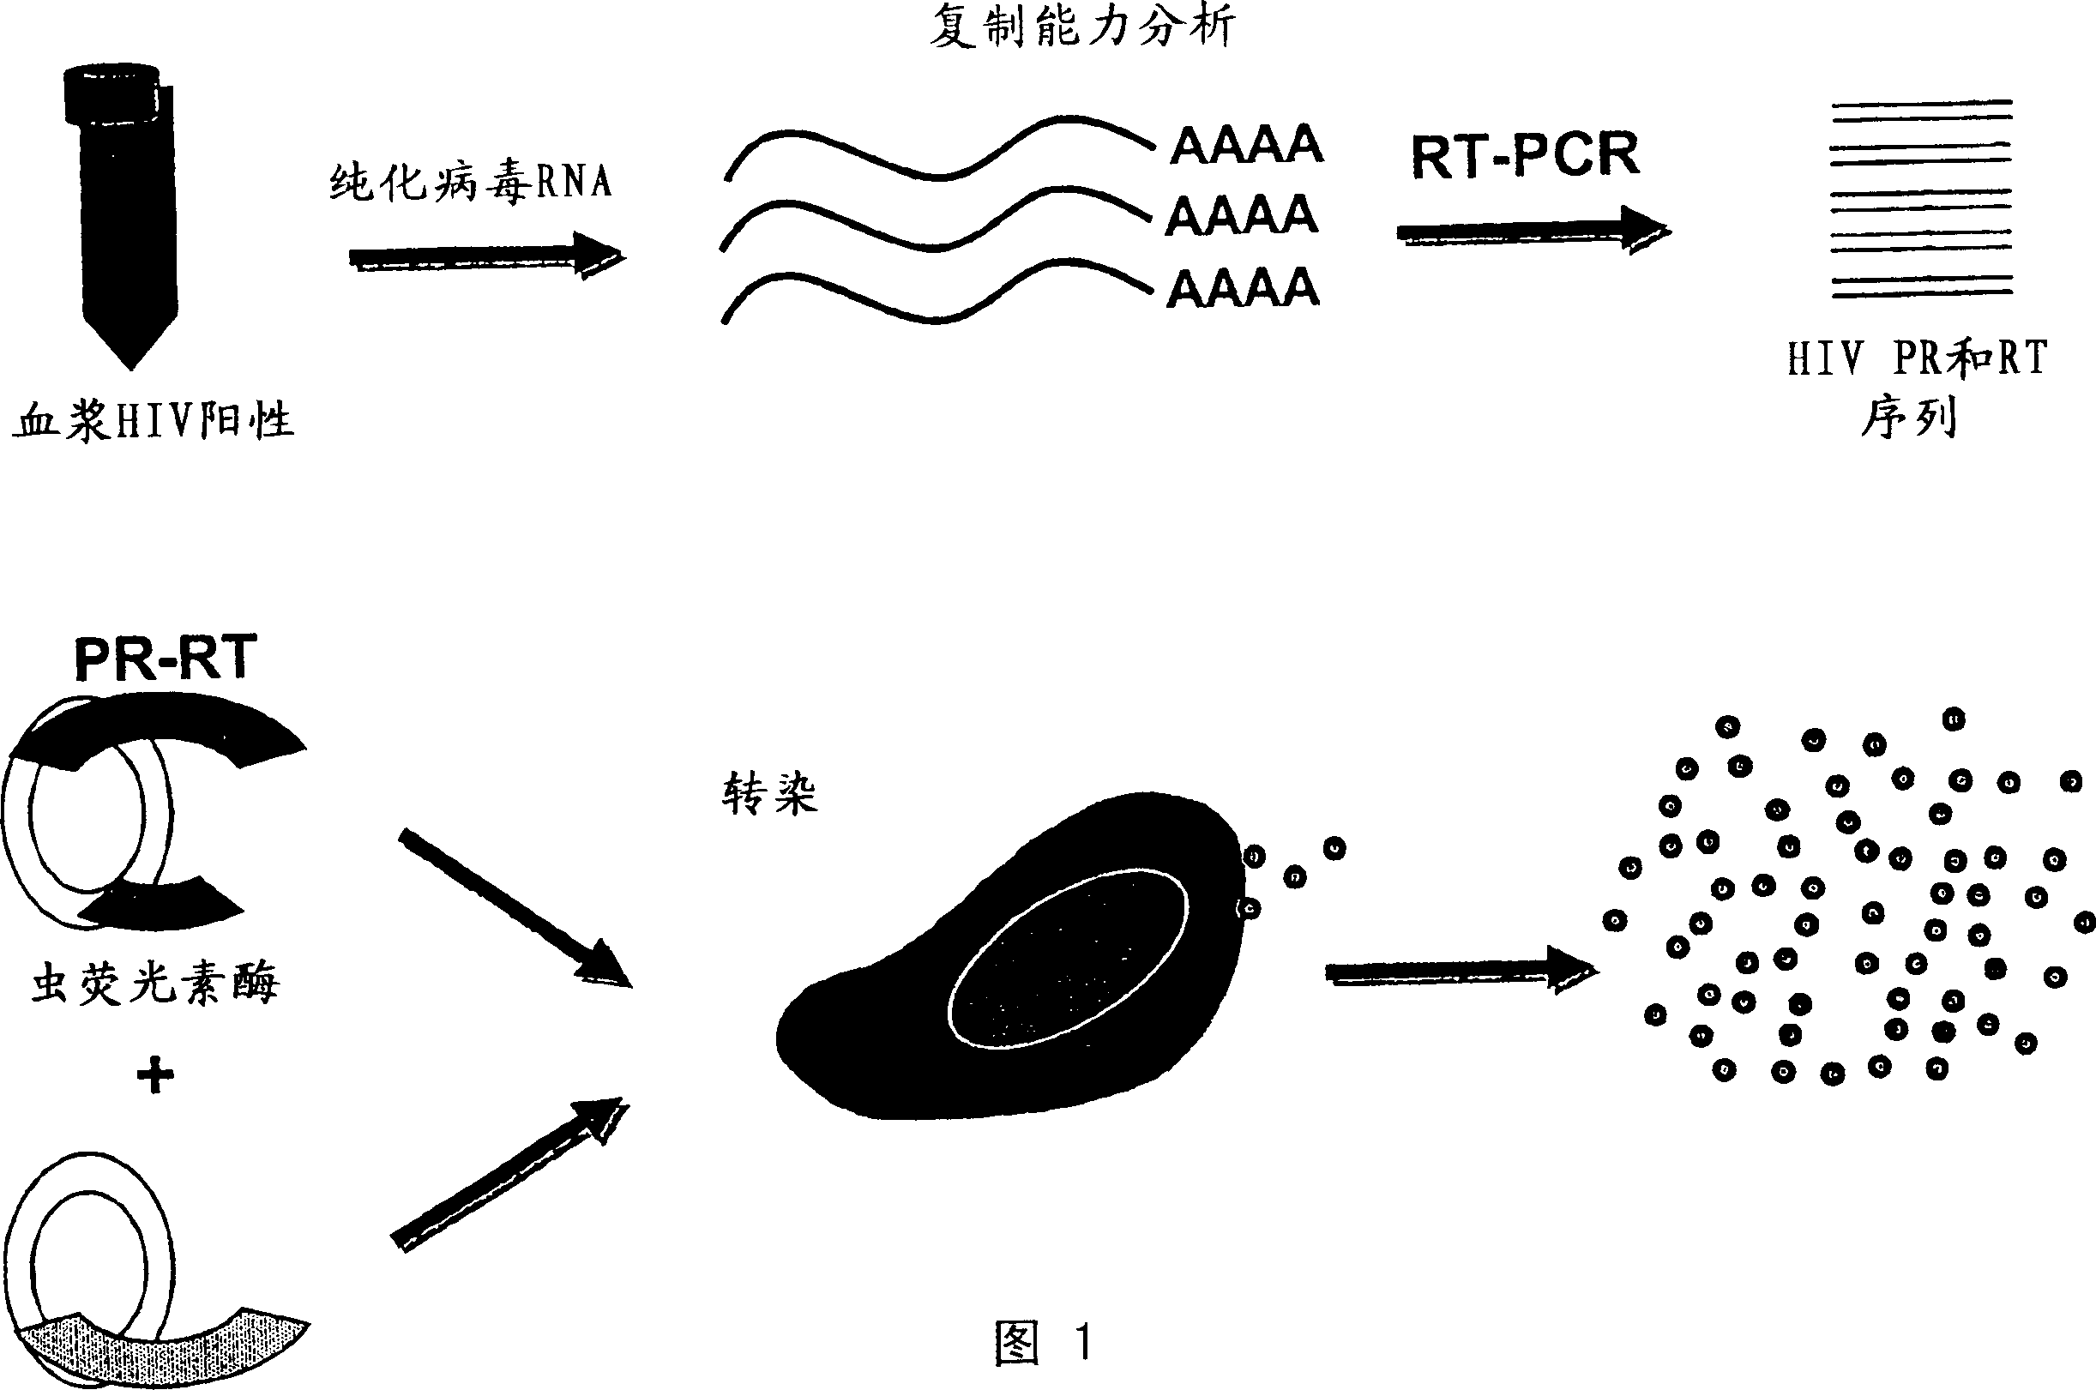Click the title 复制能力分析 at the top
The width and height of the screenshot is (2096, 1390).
[1081, 27]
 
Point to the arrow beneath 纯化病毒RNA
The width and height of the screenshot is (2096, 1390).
[487, 257]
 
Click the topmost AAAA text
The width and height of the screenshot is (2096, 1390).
[1247, 145]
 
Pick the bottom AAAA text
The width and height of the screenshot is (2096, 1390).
[1243, 288]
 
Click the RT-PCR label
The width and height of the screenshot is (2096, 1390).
[1525, 156]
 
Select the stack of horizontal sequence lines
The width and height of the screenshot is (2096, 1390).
[1922, 199]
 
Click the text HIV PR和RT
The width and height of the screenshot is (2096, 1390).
[1918, 359]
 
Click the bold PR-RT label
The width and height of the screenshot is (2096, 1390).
[166, 658]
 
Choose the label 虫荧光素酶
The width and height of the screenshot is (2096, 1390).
[155, 984]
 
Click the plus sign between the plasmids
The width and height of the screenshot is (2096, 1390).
[155, 1076]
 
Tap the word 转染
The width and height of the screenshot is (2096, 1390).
[769, 792]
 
